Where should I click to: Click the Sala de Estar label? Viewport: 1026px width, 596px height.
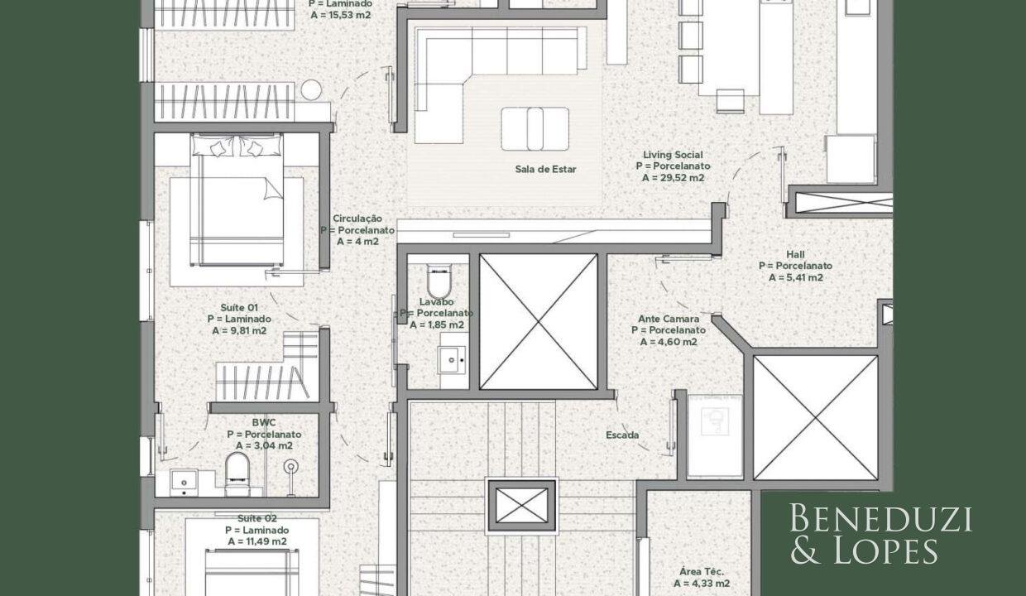pyautogui.click(x=545, y=169)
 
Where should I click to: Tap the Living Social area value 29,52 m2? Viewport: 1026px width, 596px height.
pyautogui.click(x=673, y=178)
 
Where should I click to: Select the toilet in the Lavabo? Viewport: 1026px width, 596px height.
pyautogui.click(x=439, y=281)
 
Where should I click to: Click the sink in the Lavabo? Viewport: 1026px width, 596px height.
pyautogui.click(x=452, y=359)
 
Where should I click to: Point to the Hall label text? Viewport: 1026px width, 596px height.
pyautogui.click(x=795, y=254)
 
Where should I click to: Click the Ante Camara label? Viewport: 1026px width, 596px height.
pyautogui.click(x=669, y=319)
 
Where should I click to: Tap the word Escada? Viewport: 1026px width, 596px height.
pyautogui.click(x=622, y=435)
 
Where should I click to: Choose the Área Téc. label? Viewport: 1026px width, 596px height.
pyautogui.click(x=702, y=572)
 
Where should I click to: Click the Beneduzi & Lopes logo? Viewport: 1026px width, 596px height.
pyautogui.click(x=881, y=534)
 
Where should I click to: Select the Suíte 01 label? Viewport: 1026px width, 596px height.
pyautogui.click(x=239, y=307)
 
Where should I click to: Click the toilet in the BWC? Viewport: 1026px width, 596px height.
pyautogui.click(x=237, y=473)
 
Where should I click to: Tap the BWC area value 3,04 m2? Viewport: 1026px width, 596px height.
pyautogui.click(x=264, y=445)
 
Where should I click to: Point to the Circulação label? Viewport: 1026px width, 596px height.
pyautogui.click(x=357, y=219)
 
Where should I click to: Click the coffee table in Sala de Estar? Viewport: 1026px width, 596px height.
pyautogui.click(x=535, y=129)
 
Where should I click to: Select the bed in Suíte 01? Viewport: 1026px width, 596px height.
pyautogui.click(x=237, y=199)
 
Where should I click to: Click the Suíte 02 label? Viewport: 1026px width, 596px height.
pyautogui.click(x=257, y=518)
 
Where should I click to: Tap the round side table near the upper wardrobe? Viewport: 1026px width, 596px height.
pyautogui.click(x=311, y=89)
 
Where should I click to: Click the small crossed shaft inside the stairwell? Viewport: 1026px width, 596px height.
pyautogui.click(x=522, y=505)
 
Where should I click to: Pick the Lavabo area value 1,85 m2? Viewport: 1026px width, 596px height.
pyautogui.click(x=437, y=325)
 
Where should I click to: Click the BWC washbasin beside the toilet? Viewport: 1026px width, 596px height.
pyautogui.click(x=185, y=483)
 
